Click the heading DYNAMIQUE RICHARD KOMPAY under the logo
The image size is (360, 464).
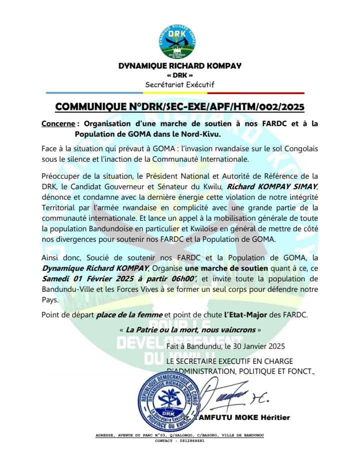pyautogui.click(x=180, y=66)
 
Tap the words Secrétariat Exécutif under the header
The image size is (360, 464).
pyautogui.click(x=179, y=85)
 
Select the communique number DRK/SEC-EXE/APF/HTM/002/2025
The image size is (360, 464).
pyautogui.click(x=179, y=107)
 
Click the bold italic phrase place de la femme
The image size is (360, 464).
pyautogui.click(x=128, y=314)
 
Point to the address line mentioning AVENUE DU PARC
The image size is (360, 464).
pyautogui.click(x=179, y=435)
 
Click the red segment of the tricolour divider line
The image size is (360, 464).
pyautogui.click(x=255, y=93)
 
